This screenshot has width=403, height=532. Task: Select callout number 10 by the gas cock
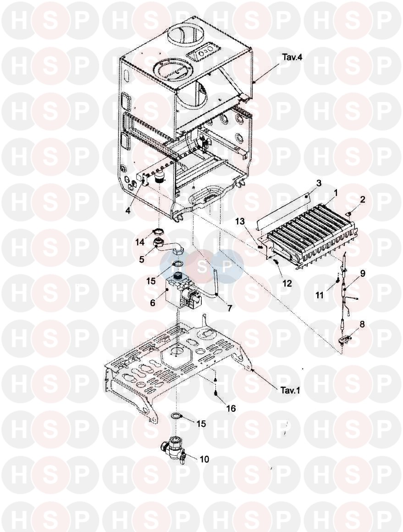(204, 459)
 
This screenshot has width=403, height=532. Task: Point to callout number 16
(231, 409)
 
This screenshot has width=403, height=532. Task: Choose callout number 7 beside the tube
(230, 308)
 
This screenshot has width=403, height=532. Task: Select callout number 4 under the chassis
(128, 211)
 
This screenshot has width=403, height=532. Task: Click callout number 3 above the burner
(319, 184)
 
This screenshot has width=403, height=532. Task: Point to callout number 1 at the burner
(336, 193)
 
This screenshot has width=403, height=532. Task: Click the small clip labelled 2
(349, 213)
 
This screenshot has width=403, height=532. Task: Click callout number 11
(319, 295)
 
